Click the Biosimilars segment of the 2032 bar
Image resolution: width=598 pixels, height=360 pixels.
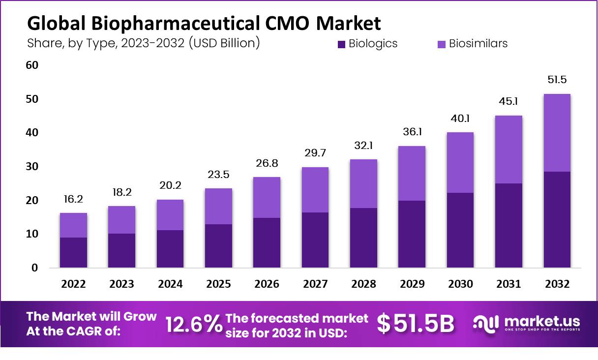(x=557, y=133)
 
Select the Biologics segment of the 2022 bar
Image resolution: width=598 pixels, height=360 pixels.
(x=73, y=252)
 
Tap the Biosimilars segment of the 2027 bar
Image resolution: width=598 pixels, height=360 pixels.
(x=315, y=190)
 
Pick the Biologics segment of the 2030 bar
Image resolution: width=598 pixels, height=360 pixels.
(x=460, y=230)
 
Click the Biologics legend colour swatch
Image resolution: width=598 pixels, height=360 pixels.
(x=342, y=44)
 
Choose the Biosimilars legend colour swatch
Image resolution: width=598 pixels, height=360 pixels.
(x=442, y=44)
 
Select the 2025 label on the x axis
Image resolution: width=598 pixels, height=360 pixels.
(x=218, y=284)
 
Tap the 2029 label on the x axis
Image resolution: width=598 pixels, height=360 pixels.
(x=412, y=284)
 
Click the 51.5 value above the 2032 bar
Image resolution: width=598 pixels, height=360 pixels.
(x=557, y=80)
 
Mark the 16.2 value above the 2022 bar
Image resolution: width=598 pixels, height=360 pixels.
(x=73, y=199)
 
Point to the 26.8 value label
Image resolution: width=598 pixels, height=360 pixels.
(x=267, y=163)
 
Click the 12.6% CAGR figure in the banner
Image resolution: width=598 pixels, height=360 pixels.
(x=193, y=324)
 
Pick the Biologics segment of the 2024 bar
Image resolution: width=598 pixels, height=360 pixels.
(x=170, y=249)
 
